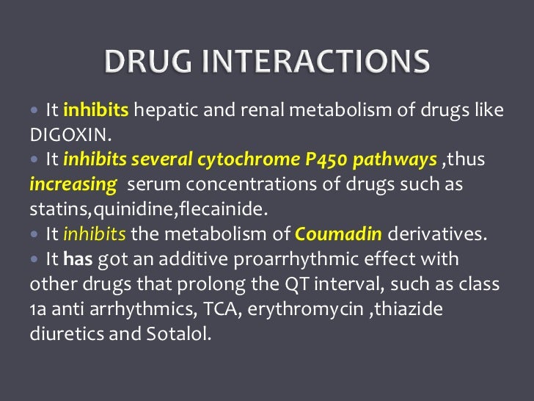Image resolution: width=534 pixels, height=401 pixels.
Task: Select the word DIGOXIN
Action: tap(62, 135)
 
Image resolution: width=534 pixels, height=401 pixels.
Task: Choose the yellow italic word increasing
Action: tap(73, 184)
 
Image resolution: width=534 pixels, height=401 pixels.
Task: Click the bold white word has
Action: tap(78, 260)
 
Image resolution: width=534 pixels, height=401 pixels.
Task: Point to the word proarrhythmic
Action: tap(282, 260)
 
